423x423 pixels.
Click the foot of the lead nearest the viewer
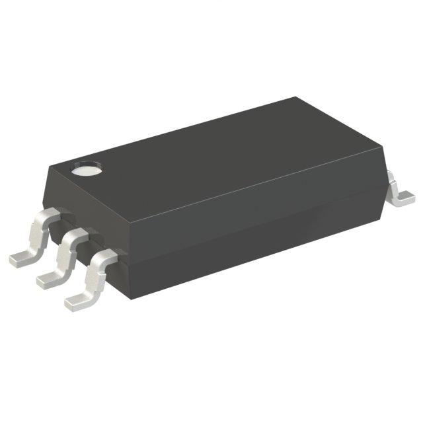[78, 299]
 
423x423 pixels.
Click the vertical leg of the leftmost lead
[38, 235]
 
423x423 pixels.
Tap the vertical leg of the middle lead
[65, 255]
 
